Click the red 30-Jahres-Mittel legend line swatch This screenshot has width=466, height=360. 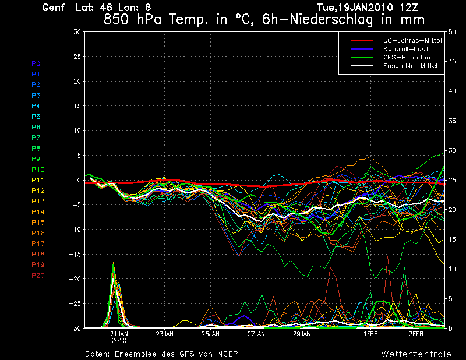coord(361,40)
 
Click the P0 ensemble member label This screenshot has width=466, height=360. coord(36,63)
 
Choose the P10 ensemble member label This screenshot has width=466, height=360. coord(38,170)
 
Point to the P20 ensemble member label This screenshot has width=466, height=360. coord(38,276)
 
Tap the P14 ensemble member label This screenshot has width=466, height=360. coord(38,212)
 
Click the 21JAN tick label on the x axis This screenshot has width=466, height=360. coord(119,334)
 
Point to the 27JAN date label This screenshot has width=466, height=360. coord(256,334)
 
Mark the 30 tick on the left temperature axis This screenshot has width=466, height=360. coord(77,32)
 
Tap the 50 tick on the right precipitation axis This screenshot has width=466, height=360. coord(453,32)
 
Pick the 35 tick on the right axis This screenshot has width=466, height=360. coord(453,121)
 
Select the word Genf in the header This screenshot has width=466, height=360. coord(54,8)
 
